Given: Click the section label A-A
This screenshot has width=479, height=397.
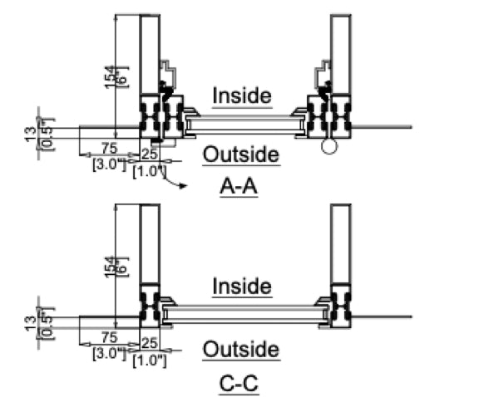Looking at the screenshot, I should pyautogui.click(x=239, y=189).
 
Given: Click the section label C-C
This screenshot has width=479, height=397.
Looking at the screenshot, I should pyautogui.click(x=240, y=384).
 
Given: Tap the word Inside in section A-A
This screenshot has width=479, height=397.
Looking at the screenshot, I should pyautogui.click(x=242, y=96).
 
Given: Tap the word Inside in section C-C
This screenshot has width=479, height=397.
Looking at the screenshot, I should pyautogui.click(x=242, y=287).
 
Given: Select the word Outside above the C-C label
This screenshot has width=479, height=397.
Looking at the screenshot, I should pyautogui.click(x=241, y=350).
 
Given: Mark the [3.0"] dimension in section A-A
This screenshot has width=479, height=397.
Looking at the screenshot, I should pyautogui.click(x=108, y=164).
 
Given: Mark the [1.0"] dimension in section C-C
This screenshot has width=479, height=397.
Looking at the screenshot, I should pyautogui.click(x=150, y=361).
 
